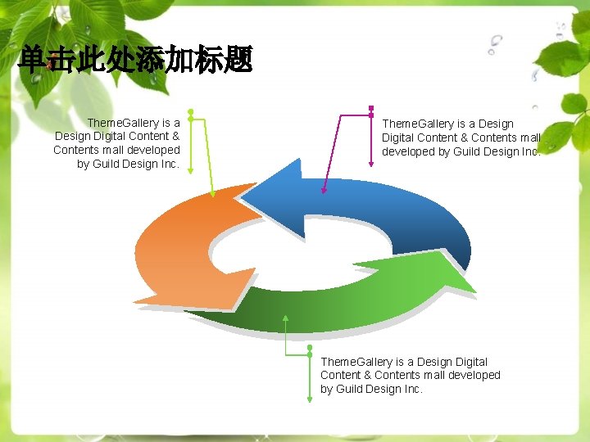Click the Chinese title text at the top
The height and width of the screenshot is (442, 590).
point(135,60)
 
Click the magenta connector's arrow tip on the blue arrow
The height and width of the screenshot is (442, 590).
point(324,192)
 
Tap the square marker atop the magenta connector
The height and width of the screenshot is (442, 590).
point(371,109)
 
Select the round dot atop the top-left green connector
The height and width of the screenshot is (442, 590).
point(190,111)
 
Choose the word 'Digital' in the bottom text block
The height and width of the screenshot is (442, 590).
point(469,362)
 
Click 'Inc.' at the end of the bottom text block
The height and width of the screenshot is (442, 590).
point(411,389)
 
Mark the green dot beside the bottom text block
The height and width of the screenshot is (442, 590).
point(310,348)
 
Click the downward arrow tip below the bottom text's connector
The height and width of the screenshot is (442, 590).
point(310,399)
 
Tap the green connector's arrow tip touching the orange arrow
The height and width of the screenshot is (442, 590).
point(215,195)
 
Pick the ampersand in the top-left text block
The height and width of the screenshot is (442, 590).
point(175,137)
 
